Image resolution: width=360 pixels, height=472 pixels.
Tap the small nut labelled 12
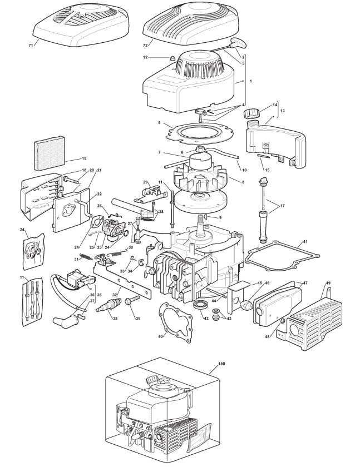click(x=172, y=58)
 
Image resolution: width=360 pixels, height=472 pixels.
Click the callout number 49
click(x=328, y=284)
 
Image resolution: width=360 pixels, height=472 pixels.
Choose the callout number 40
click(x=160, y=336)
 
